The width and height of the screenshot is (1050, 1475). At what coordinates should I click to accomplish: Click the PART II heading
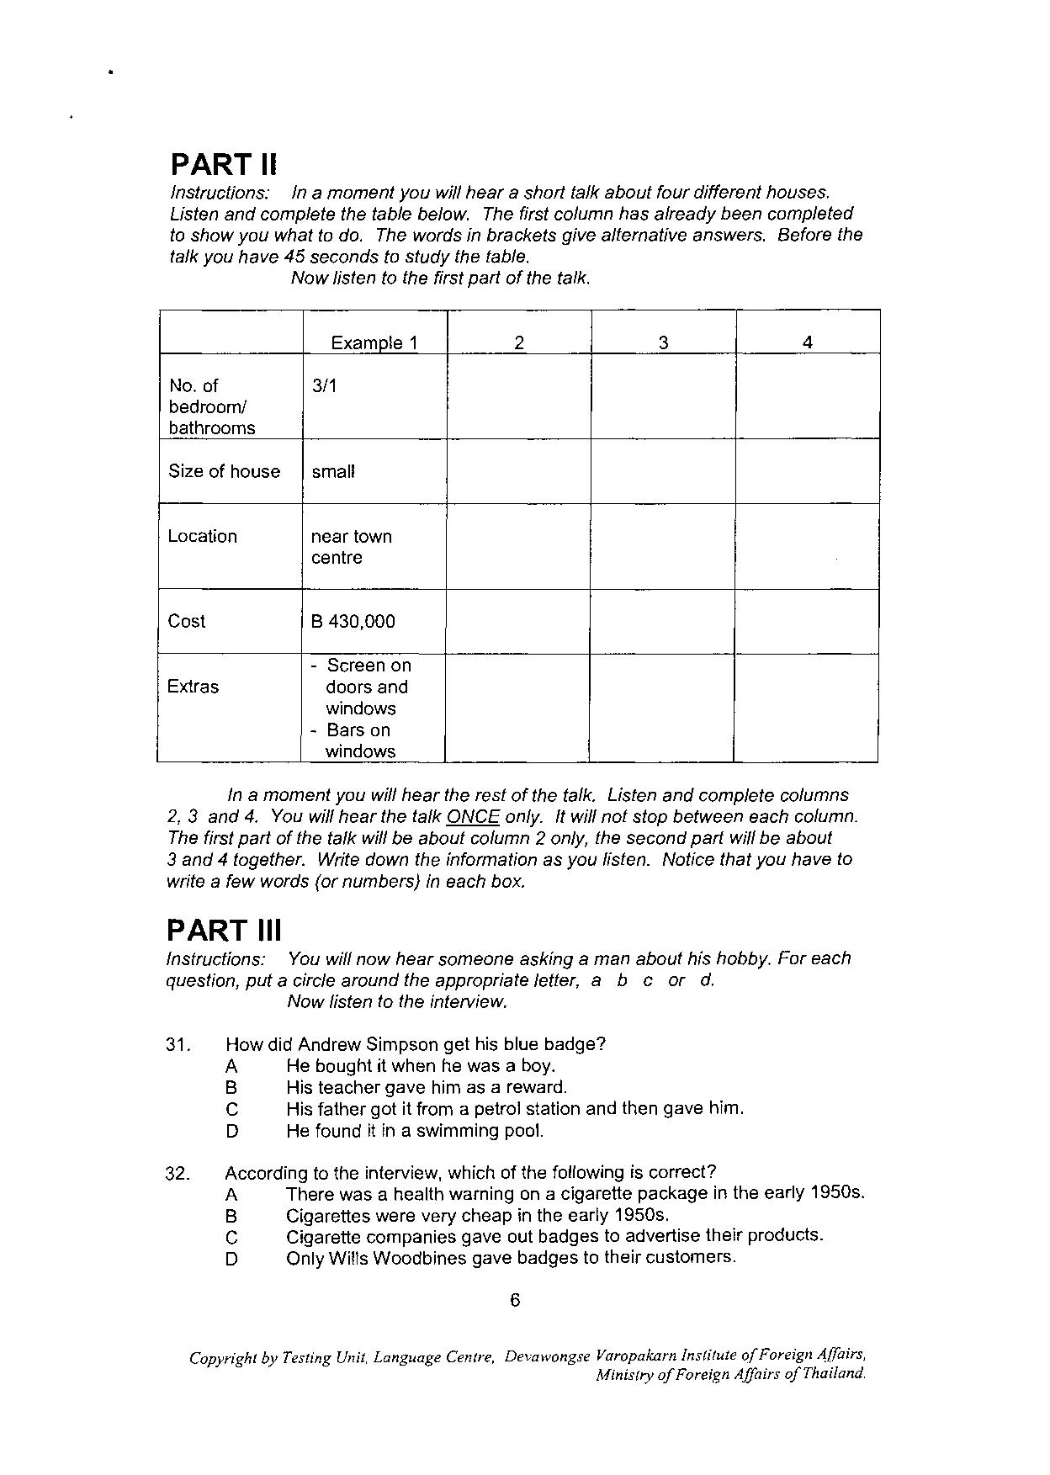point(223,164)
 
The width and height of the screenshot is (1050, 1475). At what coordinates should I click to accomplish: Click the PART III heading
point(224,931)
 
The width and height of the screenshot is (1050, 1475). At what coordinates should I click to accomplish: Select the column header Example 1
point(374,342)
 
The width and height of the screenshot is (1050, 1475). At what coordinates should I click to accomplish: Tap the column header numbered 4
point(808,342)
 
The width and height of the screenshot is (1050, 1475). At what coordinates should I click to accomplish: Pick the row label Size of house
point(225,471)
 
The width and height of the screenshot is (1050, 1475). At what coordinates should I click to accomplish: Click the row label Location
point(203,536)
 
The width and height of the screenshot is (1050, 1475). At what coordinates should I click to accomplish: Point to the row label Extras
point(193,687)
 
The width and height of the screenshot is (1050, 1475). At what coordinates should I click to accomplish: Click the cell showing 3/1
point(324,386)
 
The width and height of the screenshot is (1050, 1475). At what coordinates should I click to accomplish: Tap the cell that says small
point(333,471)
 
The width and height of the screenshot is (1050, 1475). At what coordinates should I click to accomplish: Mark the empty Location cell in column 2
point(518,546)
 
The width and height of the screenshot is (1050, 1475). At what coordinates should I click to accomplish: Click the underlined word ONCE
point(474,817)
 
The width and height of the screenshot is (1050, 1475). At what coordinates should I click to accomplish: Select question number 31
point(178,1045)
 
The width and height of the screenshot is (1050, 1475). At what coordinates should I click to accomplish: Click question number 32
point(178,1173)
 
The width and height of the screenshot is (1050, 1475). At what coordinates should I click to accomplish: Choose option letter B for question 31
point(231,1088)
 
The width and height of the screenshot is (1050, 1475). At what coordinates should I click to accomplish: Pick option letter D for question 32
point(232,1260)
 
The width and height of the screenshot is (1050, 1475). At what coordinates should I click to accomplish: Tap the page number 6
point(516,1300)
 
